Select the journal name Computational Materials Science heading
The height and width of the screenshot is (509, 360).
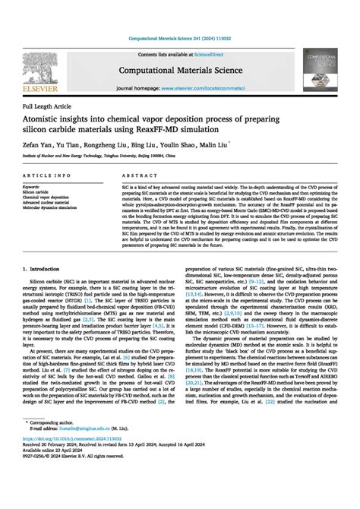pyautogui.click(x=181, y=69)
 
